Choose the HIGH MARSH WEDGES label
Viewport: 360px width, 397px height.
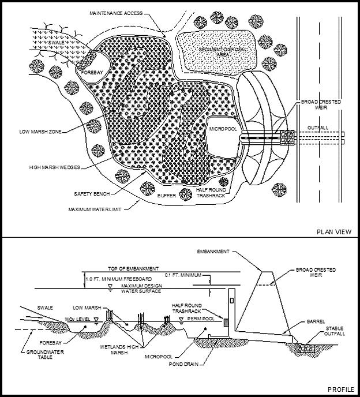tap(54, 167)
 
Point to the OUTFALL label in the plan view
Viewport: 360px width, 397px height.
tap(316, 128)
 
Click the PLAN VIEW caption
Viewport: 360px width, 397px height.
tap(334, 231)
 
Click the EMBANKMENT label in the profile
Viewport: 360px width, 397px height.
tap(214, 252)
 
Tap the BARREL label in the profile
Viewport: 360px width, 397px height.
tap(317, 321)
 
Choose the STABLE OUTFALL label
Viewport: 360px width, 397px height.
tap(335, 331)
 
